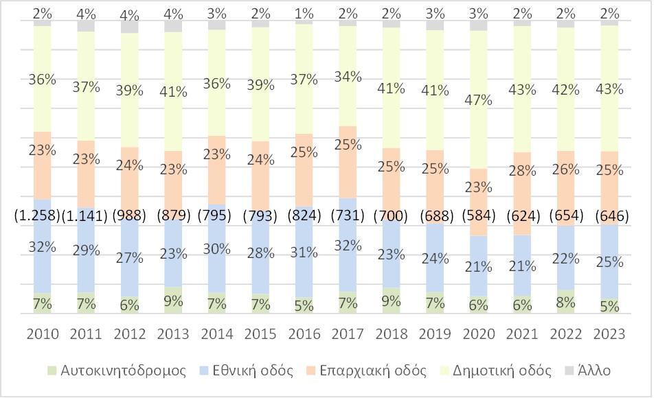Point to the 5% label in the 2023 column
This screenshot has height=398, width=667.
tap(609, 306)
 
